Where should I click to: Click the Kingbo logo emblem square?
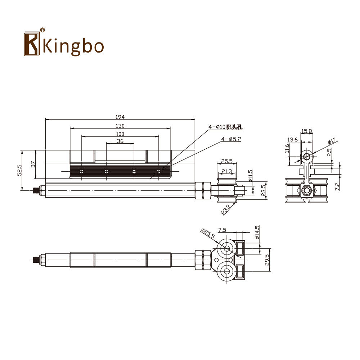pos(32,44)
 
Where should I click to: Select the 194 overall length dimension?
pos(120,117)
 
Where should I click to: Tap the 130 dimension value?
pos(120,126)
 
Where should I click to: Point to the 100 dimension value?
pos(120,134)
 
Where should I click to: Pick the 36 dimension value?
pos(120,141)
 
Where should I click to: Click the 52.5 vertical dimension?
pos(19,170)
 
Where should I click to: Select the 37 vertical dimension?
pos(33,164)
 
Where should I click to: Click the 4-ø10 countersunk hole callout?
pos(225,127)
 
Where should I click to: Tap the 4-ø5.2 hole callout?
pos(231,139)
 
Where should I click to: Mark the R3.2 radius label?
pos(226,210)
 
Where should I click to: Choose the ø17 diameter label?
pos(332,140)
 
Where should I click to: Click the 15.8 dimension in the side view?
pos(306,131)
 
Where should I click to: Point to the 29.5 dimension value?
pos(267,260)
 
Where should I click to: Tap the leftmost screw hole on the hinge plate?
pos(81,171)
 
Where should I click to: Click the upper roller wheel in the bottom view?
pos(227,248)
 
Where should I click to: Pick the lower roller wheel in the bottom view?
pos(227,271)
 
